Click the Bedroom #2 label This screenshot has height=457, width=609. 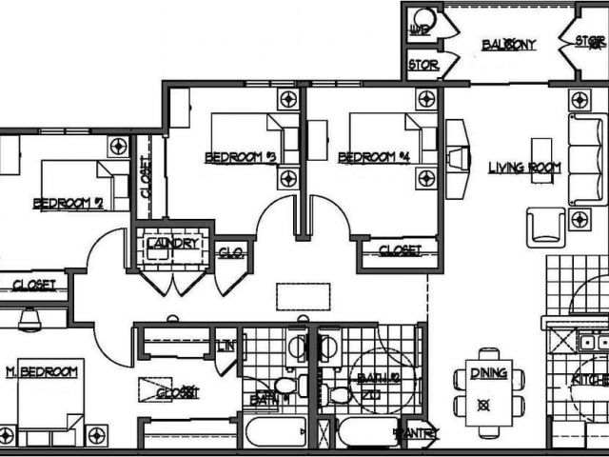(x=68, y=203)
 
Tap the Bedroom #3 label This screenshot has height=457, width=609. (x=240, y=157)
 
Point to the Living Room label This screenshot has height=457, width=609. (x=524, y=168)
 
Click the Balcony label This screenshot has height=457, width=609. (x=508, y=45)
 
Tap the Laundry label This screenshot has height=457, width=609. (x=173, y=244)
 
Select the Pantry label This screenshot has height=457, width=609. (x=415, y=434)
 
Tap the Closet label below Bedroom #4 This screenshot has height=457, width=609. (x=400, y=250)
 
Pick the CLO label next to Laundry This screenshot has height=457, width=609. (x=230, y=252)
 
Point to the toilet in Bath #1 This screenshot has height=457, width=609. (x=286, y=386)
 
